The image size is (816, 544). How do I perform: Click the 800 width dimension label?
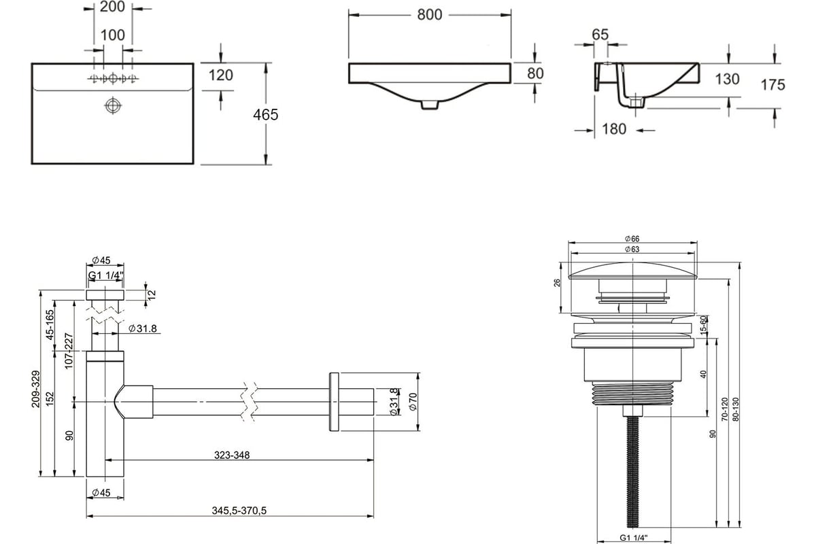click(430, 15)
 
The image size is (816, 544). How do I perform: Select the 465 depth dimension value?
click(266, 115)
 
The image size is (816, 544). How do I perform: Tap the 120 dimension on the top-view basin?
click(221, 75)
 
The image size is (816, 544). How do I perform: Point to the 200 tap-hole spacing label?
click(112, 7)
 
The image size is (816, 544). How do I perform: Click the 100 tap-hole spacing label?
click(113, 35)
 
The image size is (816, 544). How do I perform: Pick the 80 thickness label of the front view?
click(535, 73)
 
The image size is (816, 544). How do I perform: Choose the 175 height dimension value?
click(772, 85)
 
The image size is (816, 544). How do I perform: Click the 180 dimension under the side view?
click(614, 129)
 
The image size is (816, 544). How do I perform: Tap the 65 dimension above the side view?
click(600, 35)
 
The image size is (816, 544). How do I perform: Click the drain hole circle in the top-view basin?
click(113, 106)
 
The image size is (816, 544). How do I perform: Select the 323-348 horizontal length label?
click(232, 455)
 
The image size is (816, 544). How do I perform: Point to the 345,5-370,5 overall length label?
click(239, 511)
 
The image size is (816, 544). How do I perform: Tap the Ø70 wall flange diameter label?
click(413, 401)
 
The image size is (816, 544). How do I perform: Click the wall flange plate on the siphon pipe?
click(334, 401)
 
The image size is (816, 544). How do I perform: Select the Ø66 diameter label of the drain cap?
click(632, 239)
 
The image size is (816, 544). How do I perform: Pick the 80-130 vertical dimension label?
click(736, 409)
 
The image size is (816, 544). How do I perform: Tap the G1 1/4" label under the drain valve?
click(634, 537)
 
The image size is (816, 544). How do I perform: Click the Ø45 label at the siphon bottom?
click(101, 492)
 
